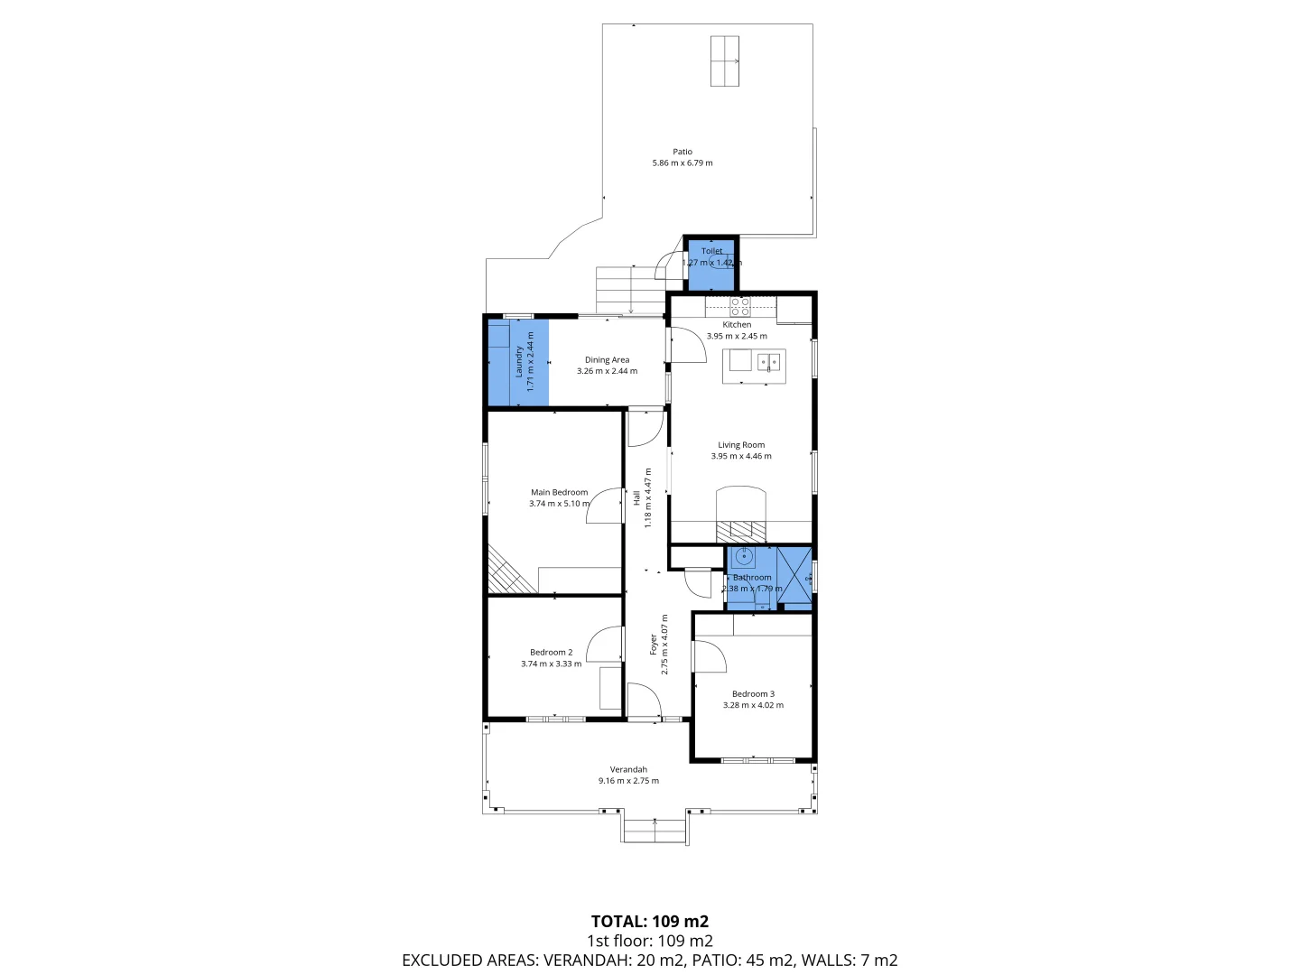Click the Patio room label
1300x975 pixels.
click(x=682, y=152)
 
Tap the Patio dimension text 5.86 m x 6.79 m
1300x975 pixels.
click(x=682, y=163)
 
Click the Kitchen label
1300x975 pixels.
click(x=737, y=325)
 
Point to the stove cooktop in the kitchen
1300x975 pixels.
click(x=739, y=305)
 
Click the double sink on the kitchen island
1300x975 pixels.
click(x=769, y=362)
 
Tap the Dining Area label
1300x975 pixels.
click(x=607, y=360)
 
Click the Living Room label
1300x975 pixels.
click(x=741, y=445)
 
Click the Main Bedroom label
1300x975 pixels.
click(x=559, y=493)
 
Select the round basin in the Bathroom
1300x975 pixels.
click(x=743, y=557)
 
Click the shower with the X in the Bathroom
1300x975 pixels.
click(x=794, y=574)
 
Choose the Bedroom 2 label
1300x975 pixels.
click(x=551, y=653)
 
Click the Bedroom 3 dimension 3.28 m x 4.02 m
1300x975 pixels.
click(x=753, y=705)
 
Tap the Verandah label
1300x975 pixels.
click(x=628, y=770)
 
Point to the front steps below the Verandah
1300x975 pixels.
click(x=655, y=829)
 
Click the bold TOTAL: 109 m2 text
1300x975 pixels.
click(x=649, y=922)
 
